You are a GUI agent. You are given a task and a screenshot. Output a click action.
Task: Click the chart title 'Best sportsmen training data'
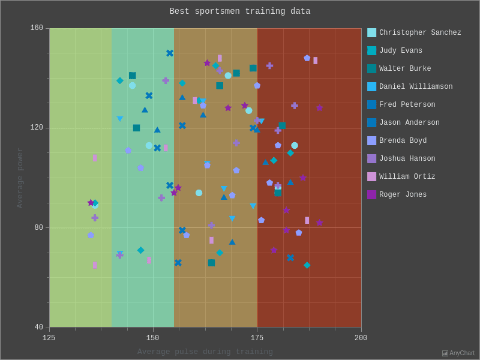click(240, 11)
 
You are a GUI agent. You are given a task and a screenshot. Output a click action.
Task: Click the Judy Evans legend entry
click(400, 51)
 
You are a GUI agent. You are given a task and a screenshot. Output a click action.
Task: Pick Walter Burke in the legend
click(405, 69)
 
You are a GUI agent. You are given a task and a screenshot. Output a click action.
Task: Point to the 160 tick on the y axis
click(37, 28)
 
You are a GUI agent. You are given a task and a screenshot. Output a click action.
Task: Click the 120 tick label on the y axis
click(37, 128)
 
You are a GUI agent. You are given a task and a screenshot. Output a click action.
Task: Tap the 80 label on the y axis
click(38, 228)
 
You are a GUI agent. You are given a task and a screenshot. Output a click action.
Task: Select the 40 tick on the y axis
click(38, 328)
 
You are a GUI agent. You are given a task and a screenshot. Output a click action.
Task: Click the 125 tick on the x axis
click(49, 338)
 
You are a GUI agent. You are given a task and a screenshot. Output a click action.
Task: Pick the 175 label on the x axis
click(257, 338)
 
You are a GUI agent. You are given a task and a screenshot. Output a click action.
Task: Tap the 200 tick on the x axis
click(361, 338)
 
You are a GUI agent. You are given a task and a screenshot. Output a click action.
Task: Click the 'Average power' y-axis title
click(20, 178)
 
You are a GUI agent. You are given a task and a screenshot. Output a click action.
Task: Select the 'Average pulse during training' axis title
click(205, 352)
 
